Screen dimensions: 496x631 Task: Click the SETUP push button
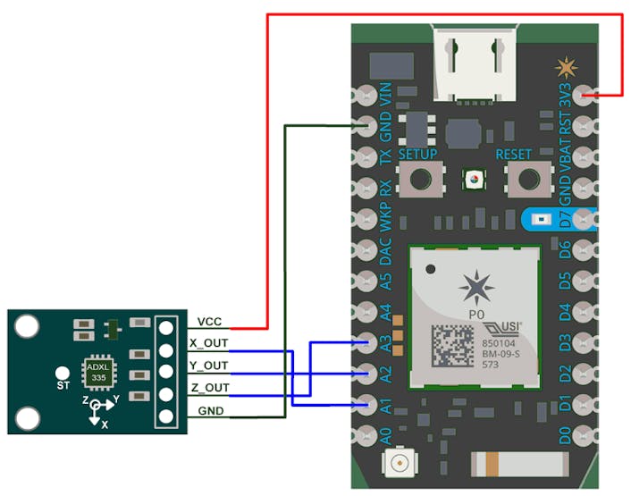(417, 181)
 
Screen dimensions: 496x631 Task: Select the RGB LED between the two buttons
(471, 181)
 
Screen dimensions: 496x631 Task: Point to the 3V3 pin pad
(585, 95)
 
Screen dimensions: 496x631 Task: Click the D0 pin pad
(585, 436)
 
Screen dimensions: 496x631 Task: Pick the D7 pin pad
(585, 218)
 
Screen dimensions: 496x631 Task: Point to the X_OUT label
(210, 343)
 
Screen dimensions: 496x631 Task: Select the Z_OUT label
(210, 387)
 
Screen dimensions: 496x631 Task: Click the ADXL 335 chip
(98, 372)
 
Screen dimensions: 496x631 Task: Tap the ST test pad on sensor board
(63, 372)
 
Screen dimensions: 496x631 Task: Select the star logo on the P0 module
(474, 289)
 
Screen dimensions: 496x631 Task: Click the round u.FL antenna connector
(398, 463)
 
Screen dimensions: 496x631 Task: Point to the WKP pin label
(386, 218)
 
